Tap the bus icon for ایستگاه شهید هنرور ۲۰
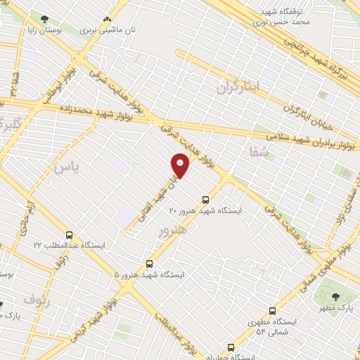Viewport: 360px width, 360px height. point(205,199)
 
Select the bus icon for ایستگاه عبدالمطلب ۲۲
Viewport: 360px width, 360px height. point(69,234)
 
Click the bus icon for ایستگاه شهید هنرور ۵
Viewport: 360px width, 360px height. point(149,263)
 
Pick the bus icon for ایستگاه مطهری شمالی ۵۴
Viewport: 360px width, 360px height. point(273,310)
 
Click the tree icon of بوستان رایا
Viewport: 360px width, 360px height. point(45,19)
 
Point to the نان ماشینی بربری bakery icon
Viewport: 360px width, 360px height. point(107,20)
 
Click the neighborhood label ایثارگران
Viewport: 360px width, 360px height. point(238,88)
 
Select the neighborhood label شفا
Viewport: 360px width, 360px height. point(258,150)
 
